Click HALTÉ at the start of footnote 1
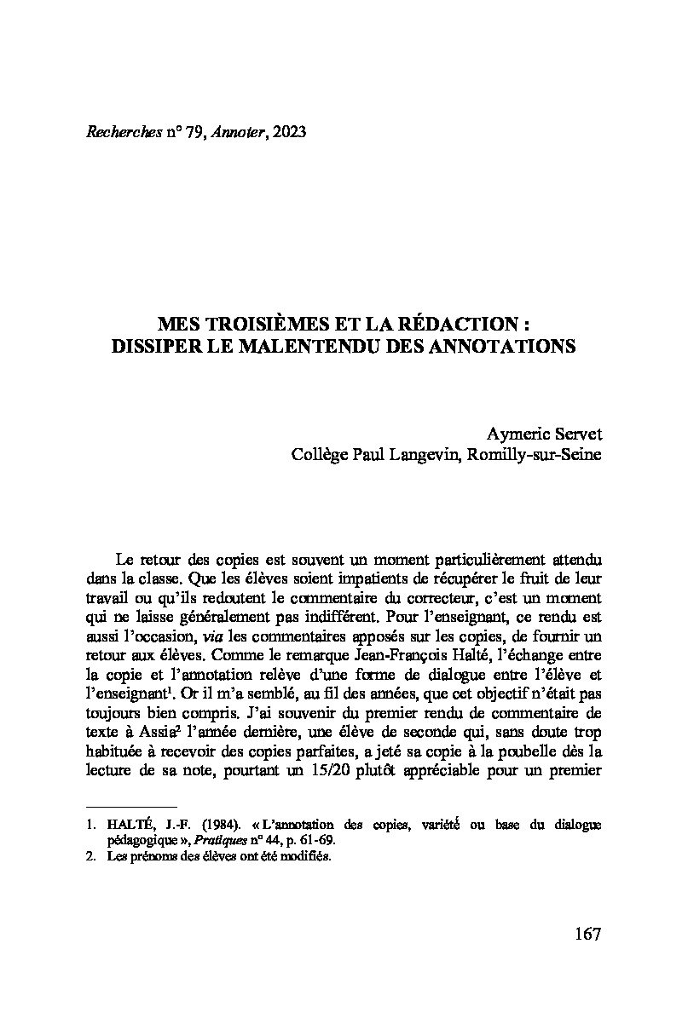pyautogui.click(x=126, y=824)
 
